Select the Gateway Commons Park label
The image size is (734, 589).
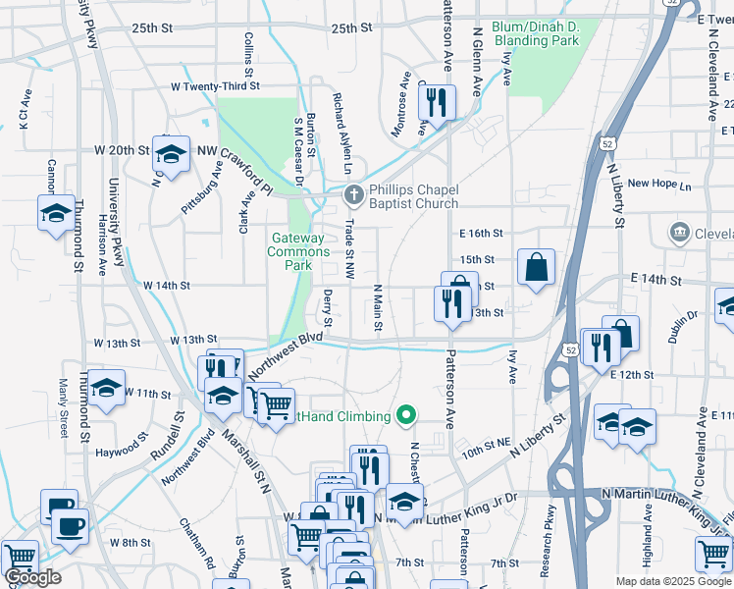coord(297,251)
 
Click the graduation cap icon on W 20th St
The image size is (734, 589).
coord(171,154)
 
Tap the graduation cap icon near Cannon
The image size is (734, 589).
coord(56,213)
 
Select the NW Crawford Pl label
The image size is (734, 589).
coord(234,165)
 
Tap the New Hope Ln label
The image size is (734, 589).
coord(659,184)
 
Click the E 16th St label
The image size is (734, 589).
coord(481,234)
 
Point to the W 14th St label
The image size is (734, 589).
coord(166,286)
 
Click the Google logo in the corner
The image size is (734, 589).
coord(32,577)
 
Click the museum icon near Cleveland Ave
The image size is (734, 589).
coord(678,233)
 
